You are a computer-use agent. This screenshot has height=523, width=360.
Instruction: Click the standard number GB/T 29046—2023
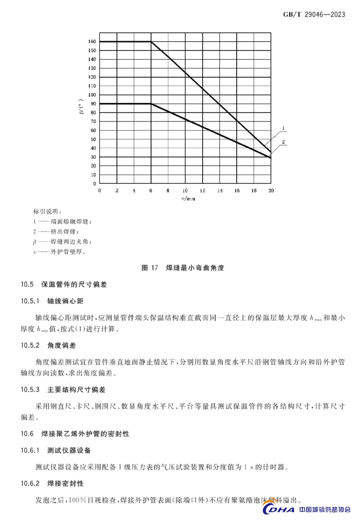pyautogui.click(x=314, y=14)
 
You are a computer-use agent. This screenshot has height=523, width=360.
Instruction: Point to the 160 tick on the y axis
pyautogui.click(x=92, y=42)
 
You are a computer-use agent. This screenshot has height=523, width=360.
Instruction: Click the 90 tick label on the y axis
pyautogui.click(x=93, y=104)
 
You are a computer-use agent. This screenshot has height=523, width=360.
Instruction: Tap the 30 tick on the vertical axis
pyautogui.click(x=93, y=157)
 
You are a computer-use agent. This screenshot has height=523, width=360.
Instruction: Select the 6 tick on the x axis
pyautogui.click(x=151, y=190)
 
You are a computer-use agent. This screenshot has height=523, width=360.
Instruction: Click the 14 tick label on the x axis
pyautogui.click(x=220, y=190)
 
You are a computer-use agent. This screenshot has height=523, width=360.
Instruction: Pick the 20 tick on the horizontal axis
pyautogui.click(x=271, y=190)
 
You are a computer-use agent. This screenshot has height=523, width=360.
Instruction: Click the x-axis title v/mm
pyautogui.click(x=188, y=199)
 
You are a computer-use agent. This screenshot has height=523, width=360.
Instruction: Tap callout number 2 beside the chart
pyautogui.click(x=283, y=142)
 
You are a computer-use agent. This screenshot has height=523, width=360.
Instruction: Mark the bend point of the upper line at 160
pyautogui.click(x=151, y=42)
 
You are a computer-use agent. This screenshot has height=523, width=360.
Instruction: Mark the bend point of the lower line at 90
pyautogui.click(x=151, y=104)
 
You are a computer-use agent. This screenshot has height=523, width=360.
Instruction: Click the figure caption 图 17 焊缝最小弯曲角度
pyautogui.click(x=183, y=268)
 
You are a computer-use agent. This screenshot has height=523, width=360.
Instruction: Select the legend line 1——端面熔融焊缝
pyautogui.click(x=62, y=221)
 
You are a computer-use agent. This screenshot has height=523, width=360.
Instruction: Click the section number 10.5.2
pyautogui.click(x=30, y=346)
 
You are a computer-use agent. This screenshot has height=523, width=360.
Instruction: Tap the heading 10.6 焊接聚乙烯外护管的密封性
pyautogui.click(x=75, y=434)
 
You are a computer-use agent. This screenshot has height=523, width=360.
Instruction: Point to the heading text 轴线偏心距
pyautogui.click(x=65, y=301)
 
